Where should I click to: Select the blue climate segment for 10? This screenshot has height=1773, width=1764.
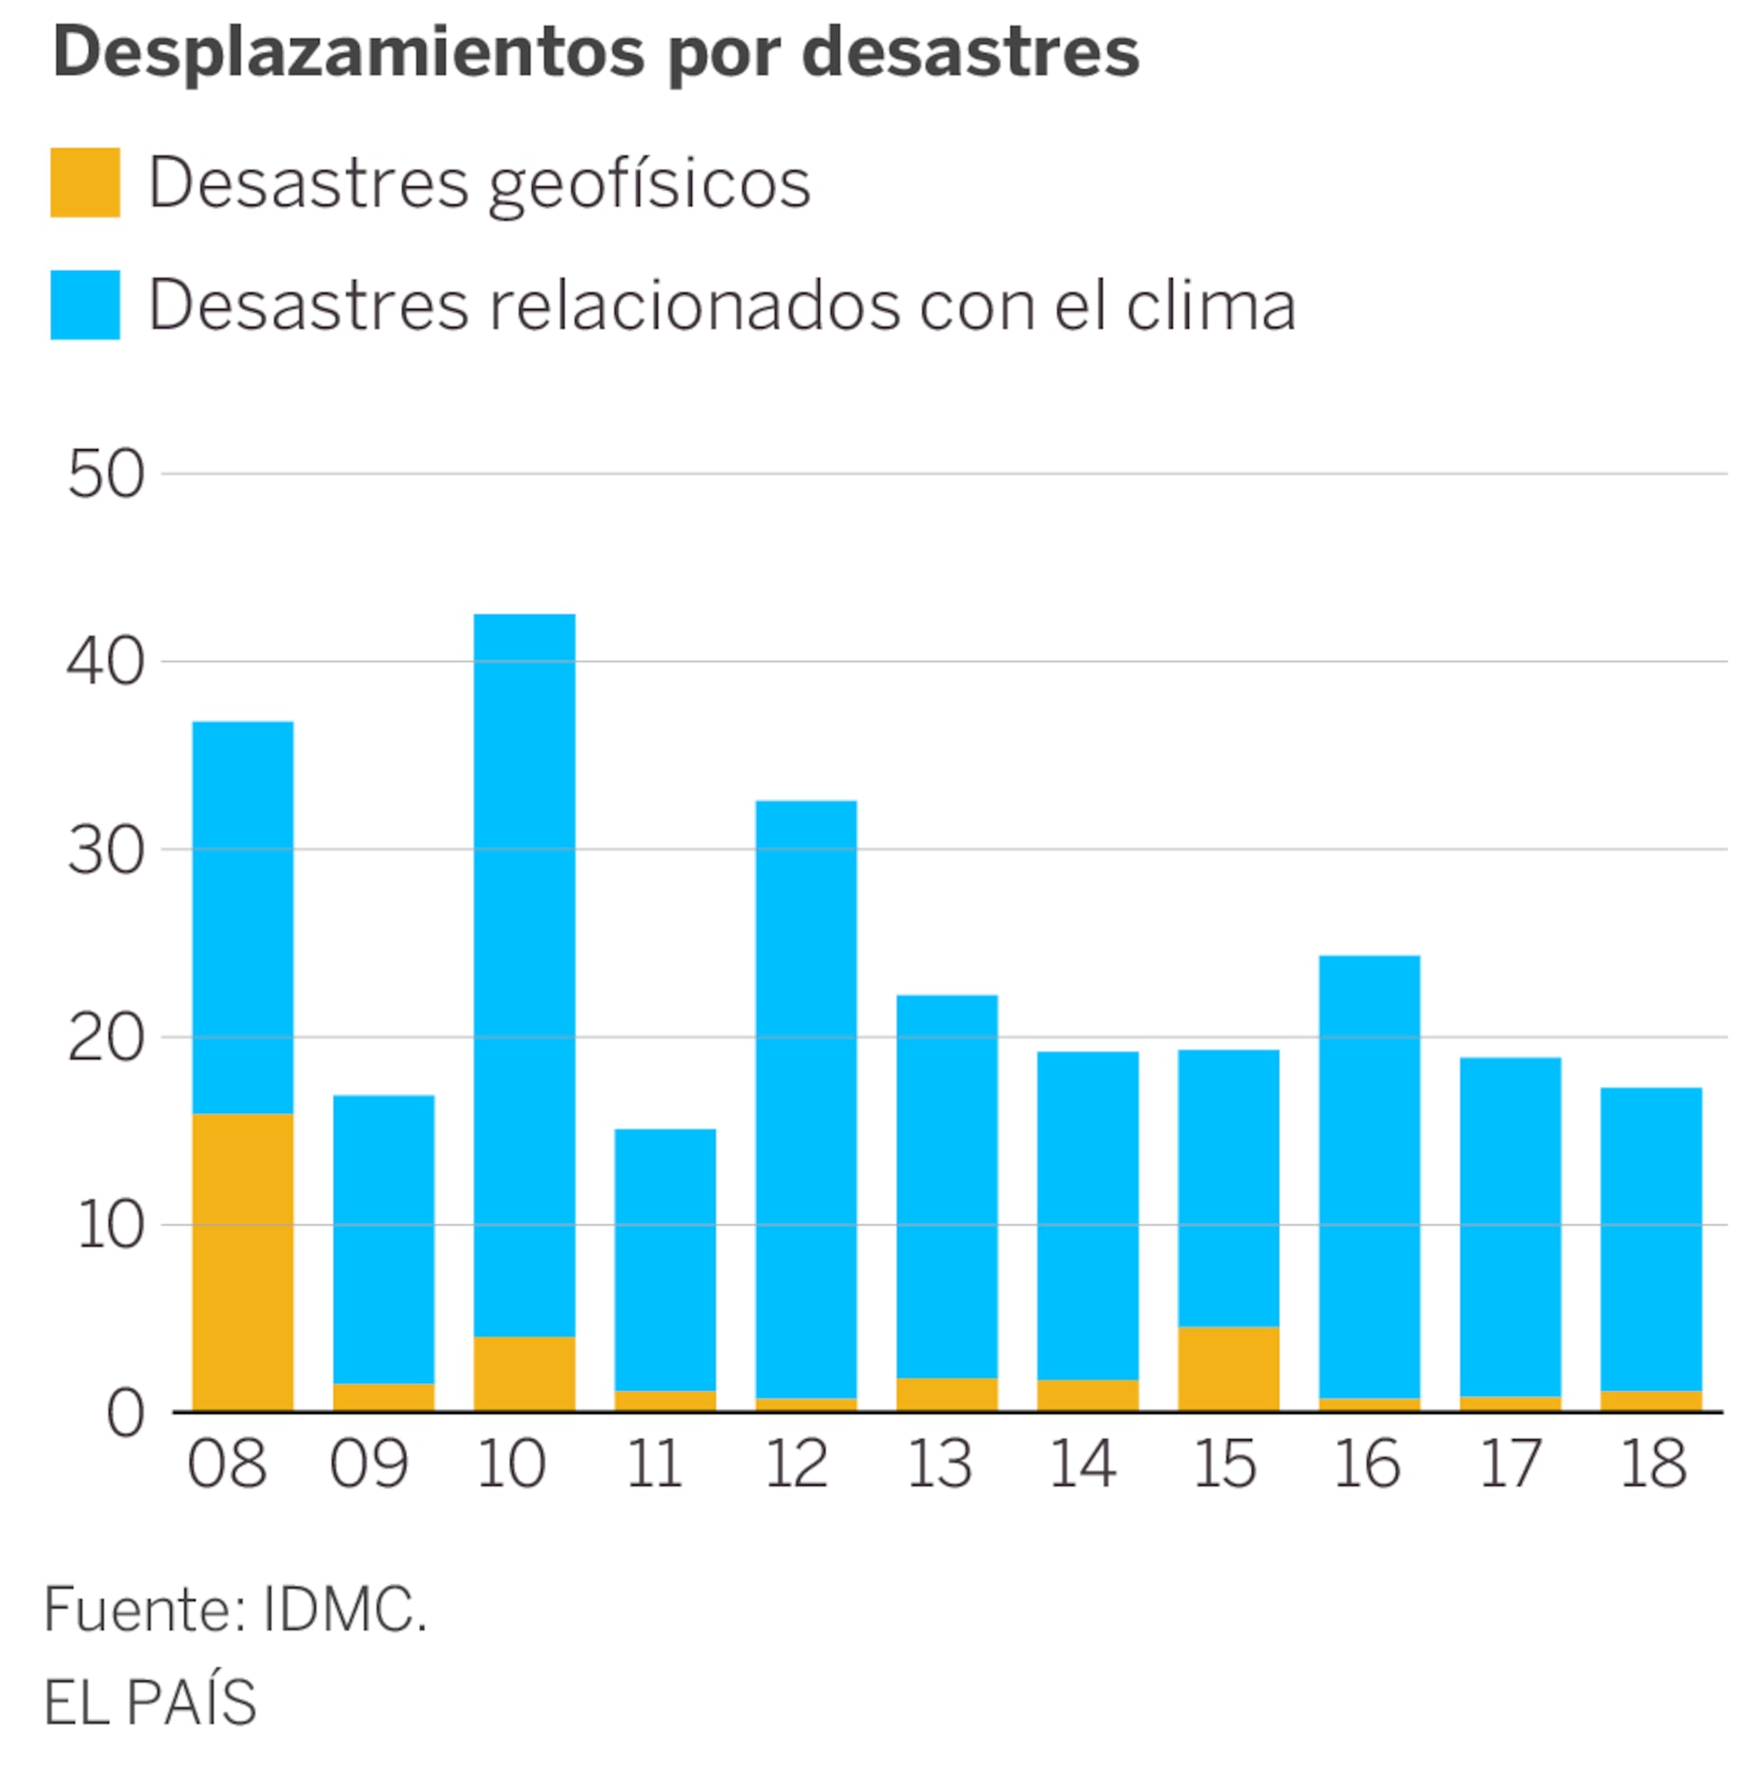click(x=524, y=975)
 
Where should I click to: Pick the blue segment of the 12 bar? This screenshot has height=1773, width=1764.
click(x=805, y=1099)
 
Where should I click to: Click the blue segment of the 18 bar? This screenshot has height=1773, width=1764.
click(x=1651, y=1239)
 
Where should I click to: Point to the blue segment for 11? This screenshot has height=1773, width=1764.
click(x=664, y=1259)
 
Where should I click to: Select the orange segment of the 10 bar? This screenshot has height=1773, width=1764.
click(x=524, y=1372)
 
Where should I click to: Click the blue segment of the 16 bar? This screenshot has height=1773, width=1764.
click(x=1368, y=1176)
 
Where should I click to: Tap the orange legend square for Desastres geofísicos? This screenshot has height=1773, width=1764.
click(x=85, y=183)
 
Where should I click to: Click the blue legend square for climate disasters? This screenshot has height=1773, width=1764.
click(x=85, y=305)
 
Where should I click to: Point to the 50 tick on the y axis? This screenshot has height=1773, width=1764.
click(x=105, y=474)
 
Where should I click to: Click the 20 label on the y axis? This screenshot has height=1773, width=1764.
click(x=105, y=1039)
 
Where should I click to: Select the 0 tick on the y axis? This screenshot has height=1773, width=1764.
click(x=125, y=1414)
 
